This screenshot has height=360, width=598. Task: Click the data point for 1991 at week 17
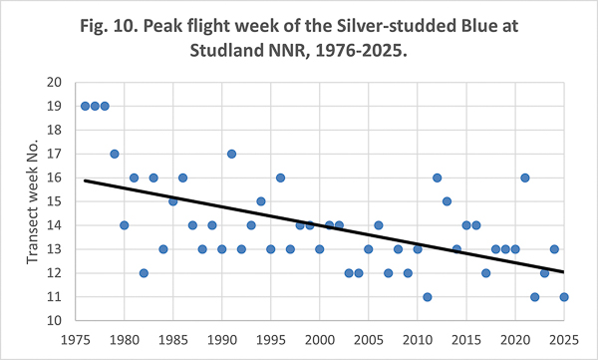[x=231, y=154]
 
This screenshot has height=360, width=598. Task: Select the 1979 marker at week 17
[x=115, y=154]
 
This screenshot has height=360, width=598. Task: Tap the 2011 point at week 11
[x=428, y=297]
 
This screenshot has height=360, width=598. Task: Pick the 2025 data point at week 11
[x=564, y=297]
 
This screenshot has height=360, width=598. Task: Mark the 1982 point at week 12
[x=144, y=273]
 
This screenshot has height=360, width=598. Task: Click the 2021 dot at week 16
[x=525, y=178]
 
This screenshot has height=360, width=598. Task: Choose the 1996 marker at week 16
[x=280, y=178]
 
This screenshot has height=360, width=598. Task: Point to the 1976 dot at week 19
[x=85, y=106]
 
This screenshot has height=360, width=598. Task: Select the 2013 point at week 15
[x=447, y=201]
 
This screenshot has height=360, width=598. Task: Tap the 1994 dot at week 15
[x=261, y=201]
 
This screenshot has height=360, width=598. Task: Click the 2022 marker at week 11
[x=534, y=297]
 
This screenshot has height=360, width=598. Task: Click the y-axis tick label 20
[x=54, y=83]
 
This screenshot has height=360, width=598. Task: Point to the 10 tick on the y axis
[x=54, y=321]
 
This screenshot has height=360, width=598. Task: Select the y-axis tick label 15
[x=54, y=201]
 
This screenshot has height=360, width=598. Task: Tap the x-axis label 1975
[x=76, y=340]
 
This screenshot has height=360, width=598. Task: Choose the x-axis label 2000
[x=320, y=340]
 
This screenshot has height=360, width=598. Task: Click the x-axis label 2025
[x=564, y=340]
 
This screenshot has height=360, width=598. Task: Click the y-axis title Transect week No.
[x=33, y=201]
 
